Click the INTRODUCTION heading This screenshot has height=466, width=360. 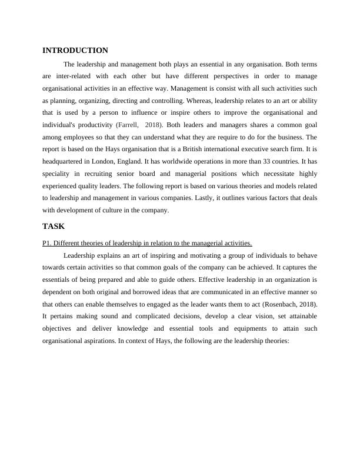(75, 51)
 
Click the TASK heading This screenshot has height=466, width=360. (54, 226)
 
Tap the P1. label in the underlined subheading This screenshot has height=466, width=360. (48, 243)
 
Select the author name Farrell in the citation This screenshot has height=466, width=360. (129, 125)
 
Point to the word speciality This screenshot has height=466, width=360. (56, 174)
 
